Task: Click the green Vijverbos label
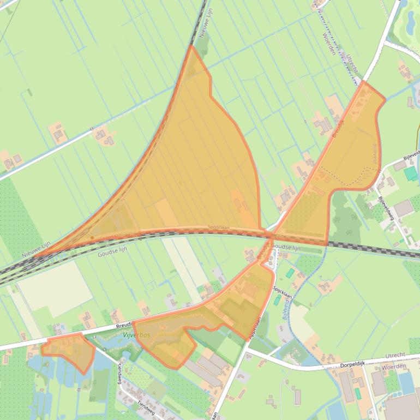(137, 334)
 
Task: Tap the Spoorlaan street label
(218, 229)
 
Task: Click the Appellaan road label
(256, 328)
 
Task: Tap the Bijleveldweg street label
(386, 207)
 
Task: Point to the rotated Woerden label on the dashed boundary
(328, 43)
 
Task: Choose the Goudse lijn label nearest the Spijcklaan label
(286, 248)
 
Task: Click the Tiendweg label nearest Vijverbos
(118, 373)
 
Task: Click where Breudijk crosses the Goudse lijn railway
(269, 237)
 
